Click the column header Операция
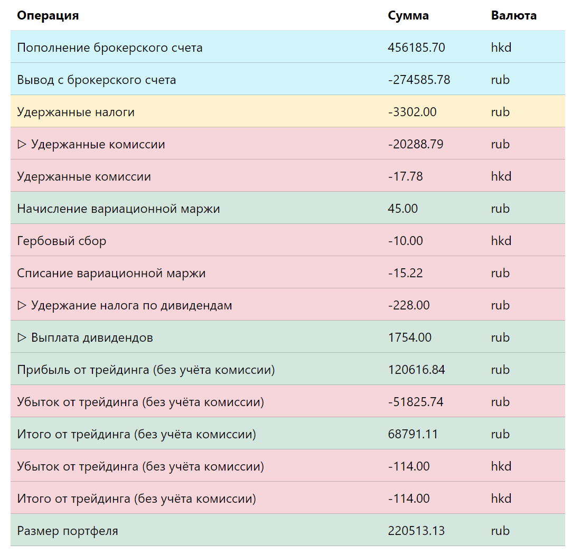(48, 16)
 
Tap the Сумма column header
(408, 16)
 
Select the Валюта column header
(513, 16)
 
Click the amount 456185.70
(416, 48)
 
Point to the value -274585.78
(419, 80)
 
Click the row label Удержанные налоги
(76, 112)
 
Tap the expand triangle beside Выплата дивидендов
(22, 337)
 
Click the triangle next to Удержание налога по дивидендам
(22, 305)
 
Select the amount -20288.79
(416, 144)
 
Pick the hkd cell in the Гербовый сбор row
(501, 241)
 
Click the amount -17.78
(405, 176)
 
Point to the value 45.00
(403, 209)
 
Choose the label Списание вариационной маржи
(111, 273)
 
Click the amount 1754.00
(410, 337)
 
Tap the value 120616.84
(416, 370)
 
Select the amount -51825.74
(416, 402)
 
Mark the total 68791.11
(412, 434)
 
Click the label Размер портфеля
(68, 531)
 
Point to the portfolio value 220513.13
(416, 531)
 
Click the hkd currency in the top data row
(501, 48)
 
